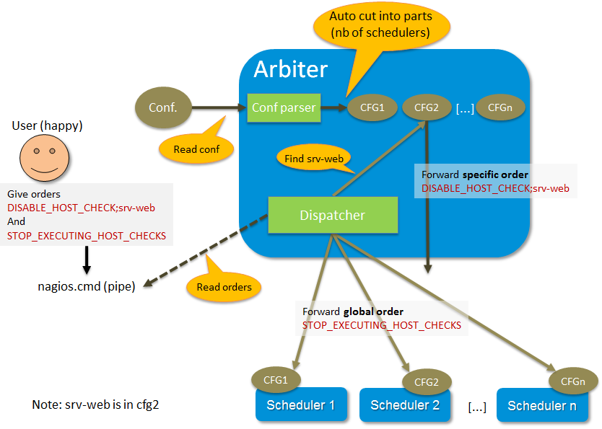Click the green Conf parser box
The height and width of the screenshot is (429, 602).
coord(283,108)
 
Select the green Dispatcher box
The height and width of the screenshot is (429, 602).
coord(333,215)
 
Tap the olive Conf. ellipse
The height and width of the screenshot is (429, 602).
coord(163,108)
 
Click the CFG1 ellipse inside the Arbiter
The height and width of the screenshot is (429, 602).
coord(366,108)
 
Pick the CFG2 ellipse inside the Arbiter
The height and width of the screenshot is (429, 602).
coord(427,108)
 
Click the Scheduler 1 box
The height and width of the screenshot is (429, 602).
coord(301,406)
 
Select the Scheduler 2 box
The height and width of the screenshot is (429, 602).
coord(405,406)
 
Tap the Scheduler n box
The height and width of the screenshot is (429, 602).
coord(546,406)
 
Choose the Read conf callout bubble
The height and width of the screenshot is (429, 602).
coord(193,149)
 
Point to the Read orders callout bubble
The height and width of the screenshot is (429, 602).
coord(224,286)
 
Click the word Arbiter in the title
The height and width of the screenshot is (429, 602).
coord(290,69)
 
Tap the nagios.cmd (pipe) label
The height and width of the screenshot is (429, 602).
coord(86,285)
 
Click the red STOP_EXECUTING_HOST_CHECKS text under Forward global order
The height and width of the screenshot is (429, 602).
coord(382,325)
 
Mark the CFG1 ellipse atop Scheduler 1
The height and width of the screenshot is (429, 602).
coord(275,379)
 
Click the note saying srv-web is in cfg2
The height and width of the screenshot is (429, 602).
coord(95,404)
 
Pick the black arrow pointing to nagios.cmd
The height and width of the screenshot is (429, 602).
coord(86,258)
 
